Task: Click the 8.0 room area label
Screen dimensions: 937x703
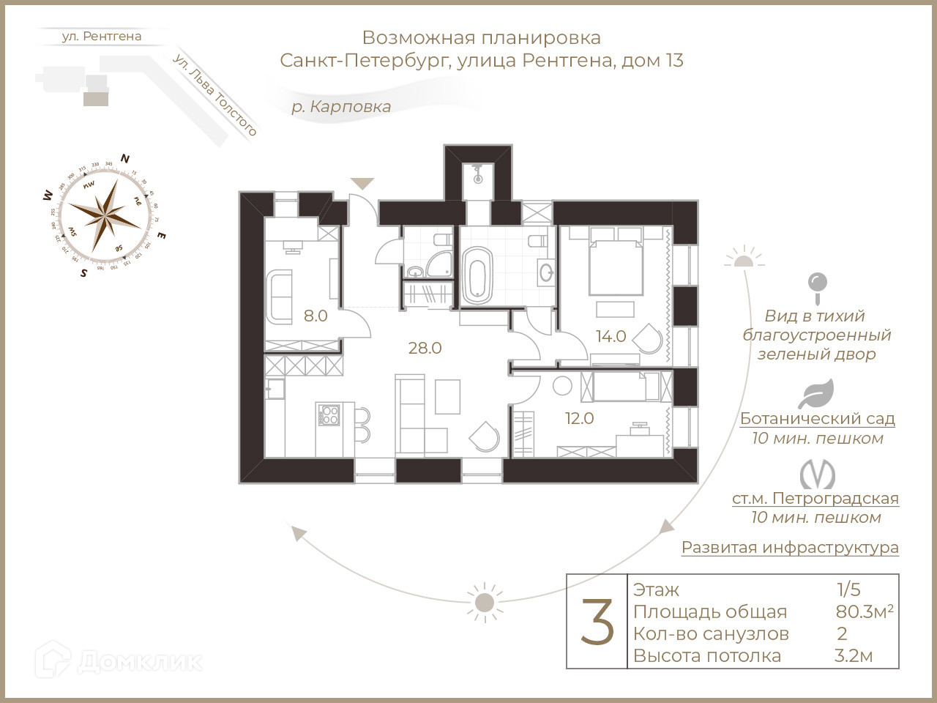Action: click(x=316, y=316)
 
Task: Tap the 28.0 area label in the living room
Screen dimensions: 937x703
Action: click(x=425, y=348)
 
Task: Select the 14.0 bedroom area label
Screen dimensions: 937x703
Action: click(x=611, y=336)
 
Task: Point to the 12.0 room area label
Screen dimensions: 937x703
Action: click(x=579, y=419)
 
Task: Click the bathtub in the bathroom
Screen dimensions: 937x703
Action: click(x=477, y=275)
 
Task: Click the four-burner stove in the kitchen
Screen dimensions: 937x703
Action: click(x=329, y=415)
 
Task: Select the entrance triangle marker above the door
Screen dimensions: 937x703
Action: click(x=362, y=183)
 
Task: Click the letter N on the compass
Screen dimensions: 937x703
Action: click(x=125, y=158)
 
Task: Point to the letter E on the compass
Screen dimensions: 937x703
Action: click(x=162, y=236)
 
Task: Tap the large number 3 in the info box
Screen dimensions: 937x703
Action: click(x=597, y=622)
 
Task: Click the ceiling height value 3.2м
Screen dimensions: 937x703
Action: click(x=854, y=656)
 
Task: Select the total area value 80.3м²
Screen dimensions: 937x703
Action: click(x=865, y=611)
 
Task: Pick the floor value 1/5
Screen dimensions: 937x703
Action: click(x=849, y=589)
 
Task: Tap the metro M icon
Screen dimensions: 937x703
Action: click(x=817, y=475)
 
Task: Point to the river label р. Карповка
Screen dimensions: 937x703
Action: click(x=341, y=107)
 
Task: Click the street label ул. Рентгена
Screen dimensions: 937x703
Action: click(x=102, y=36)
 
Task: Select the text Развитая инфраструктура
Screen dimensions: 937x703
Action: click(x=790, y=548)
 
